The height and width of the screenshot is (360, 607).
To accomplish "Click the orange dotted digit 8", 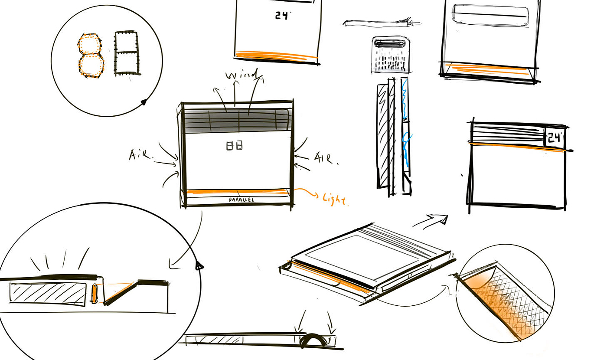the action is click(91, 55).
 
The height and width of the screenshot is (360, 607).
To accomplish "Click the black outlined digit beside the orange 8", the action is click(127, 53).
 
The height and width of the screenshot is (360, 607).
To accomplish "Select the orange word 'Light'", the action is click(335, 199).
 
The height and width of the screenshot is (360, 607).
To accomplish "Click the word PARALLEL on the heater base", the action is click(241, 200).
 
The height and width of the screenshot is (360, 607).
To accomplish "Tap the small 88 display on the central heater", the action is click(235, 146).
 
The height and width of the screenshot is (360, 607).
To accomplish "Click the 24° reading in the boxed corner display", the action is click(554, 138).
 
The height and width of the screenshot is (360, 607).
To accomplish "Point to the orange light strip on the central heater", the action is click(236, 191).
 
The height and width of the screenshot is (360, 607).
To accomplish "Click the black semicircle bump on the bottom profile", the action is click(313, 341).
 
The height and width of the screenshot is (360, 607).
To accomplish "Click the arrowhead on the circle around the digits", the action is click(143, 103).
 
